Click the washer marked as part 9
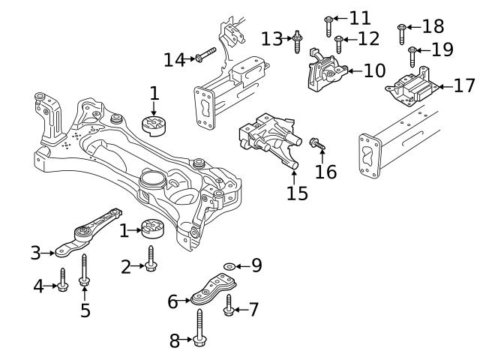229,265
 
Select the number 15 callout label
296,193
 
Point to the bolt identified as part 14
207,55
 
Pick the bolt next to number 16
315,142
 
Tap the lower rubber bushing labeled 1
153,227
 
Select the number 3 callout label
35,253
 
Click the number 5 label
85,310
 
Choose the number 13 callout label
271,38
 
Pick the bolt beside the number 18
402,32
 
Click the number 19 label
443,50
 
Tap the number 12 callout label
368,37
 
